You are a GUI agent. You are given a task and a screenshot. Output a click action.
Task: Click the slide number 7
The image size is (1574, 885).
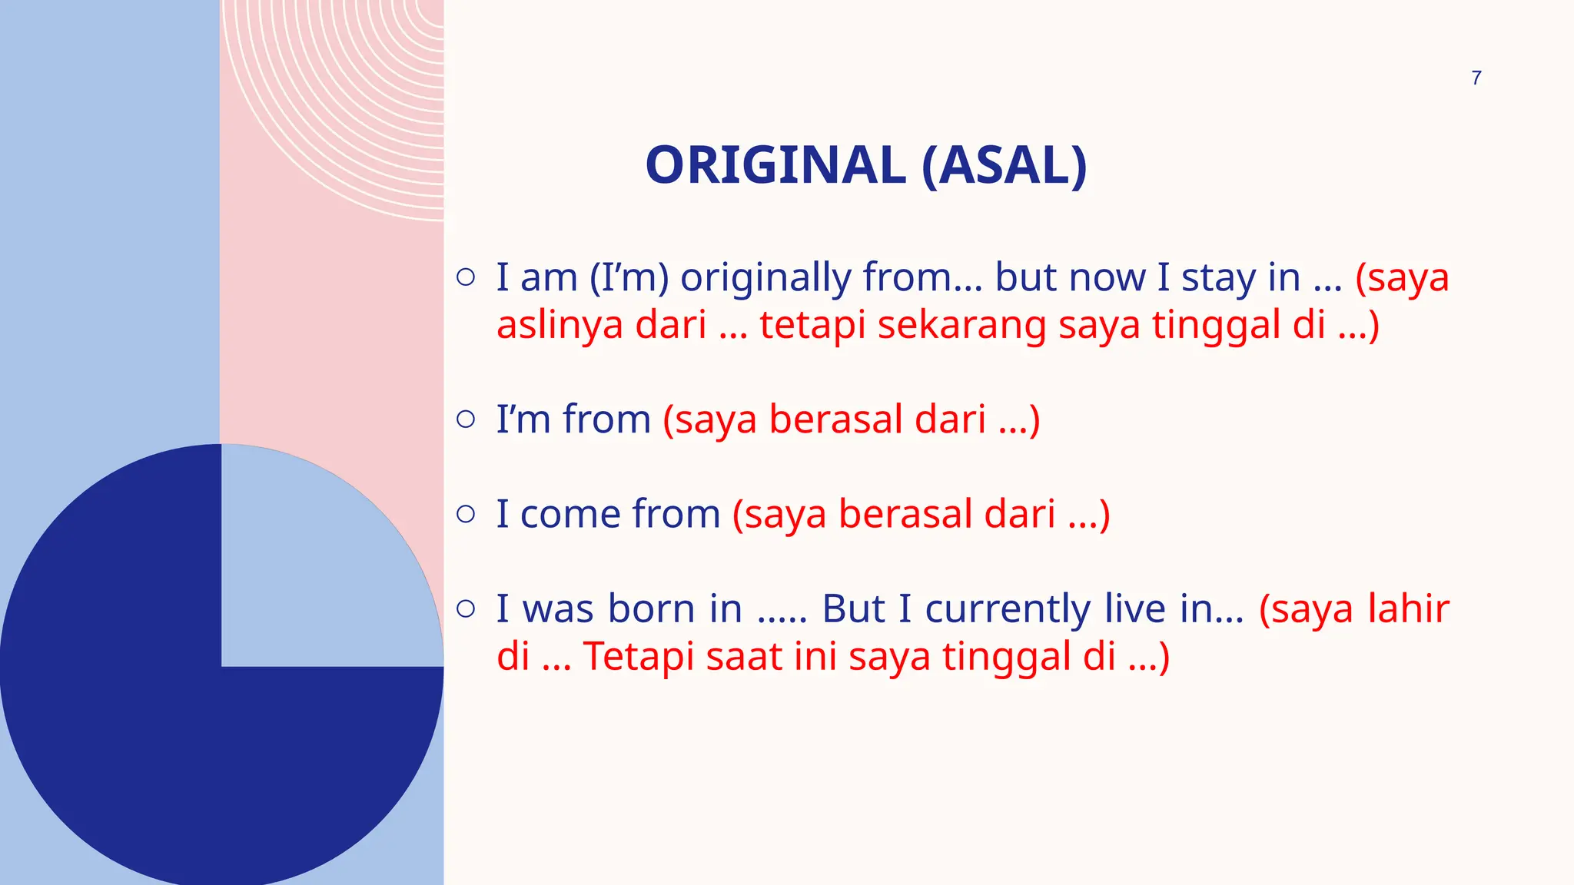pos(1476,78)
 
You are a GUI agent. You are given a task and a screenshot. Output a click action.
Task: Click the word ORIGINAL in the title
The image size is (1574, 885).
pos(775,165)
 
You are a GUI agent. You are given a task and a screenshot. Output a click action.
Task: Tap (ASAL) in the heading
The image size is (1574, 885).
pos(1004,165)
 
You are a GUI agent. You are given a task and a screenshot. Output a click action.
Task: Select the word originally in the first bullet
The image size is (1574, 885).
pos(765,278)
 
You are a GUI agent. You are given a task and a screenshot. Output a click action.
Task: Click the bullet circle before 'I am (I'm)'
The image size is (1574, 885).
pos(466,277)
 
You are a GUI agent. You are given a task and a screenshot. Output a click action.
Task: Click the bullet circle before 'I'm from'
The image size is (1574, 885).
pos(466,419)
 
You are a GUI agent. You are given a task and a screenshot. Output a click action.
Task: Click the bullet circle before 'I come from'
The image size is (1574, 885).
pos(466,514)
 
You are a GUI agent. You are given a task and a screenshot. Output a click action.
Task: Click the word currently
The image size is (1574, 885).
pos(1007,608)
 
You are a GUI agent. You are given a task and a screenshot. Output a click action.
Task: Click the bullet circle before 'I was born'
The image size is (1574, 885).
pos(466,608)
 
